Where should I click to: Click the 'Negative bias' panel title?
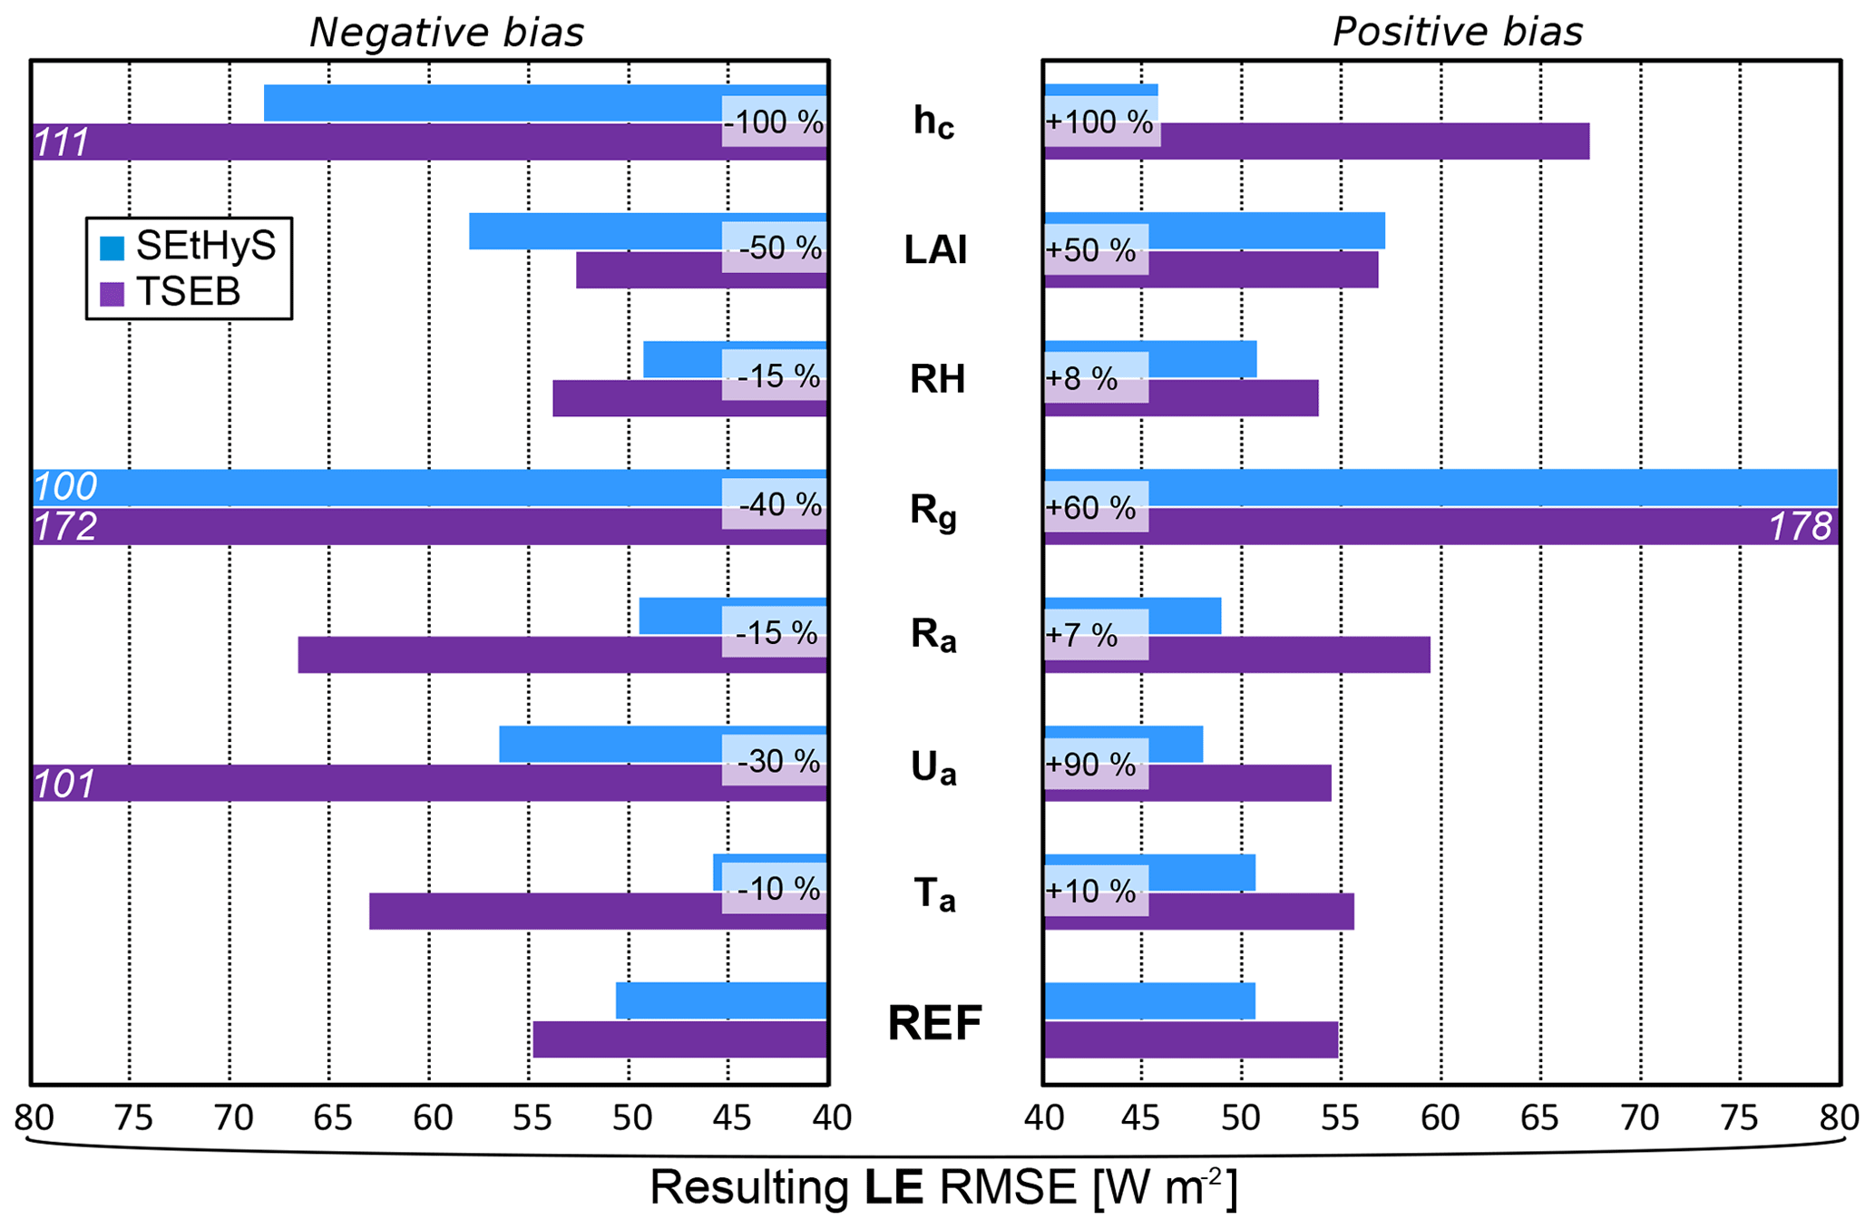[x=446, y=33]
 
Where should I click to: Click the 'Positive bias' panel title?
[x=1457, y=33]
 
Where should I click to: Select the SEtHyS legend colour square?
[x=112, y=248]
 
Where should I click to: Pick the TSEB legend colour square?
[x=112, y=293]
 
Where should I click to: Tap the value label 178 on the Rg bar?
[x=1800, y=527]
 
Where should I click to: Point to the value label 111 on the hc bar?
[x=62, y=143]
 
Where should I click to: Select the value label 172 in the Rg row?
[x=65, y=527]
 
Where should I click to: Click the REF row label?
[x=934, y=1023]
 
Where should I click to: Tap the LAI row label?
[x=935, y=250]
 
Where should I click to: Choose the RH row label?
[x=937, y=379]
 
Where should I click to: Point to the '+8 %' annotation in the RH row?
[x=1081, y=378]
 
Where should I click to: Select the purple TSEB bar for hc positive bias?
[x=1361, y=141]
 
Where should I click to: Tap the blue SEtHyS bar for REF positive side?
[x=1149, y=1000]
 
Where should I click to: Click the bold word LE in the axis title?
[x=894, y=1187]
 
